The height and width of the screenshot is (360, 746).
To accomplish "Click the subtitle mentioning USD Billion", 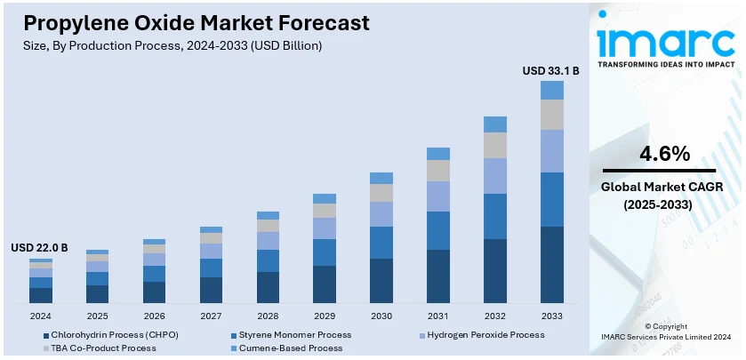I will pos(168,44).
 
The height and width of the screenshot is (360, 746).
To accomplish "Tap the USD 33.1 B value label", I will pos(550,69).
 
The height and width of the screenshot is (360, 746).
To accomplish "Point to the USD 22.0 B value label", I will pos(39,247).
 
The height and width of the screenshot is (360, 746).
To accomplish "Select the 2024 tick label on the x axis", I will pos(40,316).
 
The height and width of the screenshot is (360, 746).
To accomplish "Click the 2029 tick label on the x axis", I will pos(325,316).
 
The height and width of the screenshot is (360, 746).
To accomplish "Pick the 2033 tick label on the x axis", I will pos(552,316).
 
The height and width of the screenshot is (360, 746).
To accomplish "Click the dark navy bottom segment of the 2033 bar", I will pos(552,265).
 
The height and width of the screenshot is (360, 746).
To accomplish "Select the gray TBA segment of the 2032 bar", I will pos(495,145).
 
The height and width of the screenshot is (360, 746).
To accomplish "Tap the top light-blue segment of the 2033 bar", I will pos(552,90).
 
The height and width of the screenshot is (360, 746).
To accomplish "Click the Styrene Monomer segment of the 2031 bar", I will pos(438,230).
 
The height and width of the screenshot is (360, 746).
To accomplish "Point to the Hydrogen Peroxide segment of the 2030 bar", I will pos(381,213).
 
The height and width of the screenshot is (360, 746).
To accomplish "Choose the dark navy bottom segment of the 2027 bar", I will pos(211,290).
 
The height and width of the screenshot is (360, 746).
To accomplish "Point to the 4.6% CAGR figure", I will pos(665,154).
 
